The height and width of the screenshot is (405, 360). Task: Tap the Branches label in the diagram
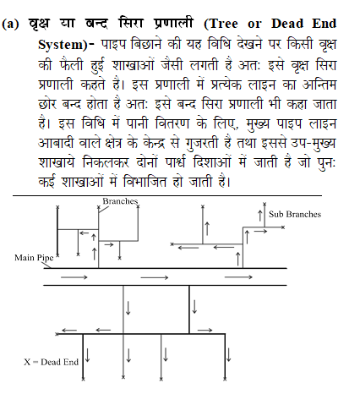pyautogui.click(x=119, y=200)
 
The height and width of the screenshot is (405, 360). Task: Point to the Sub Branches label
pyautogui.click(x=295, y=214)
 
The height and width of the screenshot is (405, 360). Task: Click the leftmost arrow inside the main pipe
pyautogui.click(x=74, y=276)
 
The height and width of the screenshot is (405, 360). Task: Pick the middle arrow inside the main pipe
pyautogui.click(x=155, y=276)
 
